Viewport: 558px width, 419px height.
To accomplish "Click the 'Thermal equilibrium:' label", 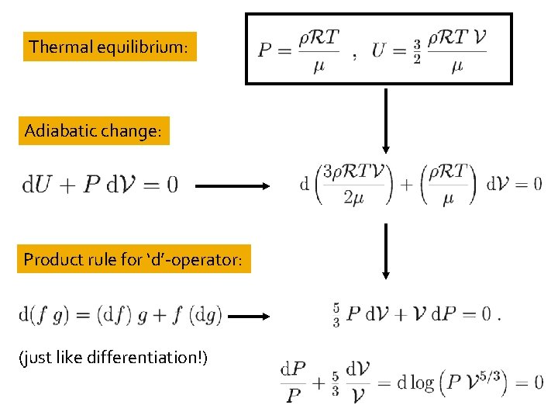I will [109, 47].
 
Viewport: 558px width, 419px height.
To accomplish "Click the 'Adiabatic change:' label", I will [92, 130].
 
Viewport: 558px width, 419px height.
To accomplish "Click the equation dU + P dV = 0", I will [100, 185].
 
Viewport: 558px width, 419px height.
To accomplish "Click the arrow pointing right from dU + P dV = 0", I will [232, 186].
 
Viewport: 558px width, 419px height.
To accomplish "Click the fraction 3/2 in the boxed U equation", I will [416, 52].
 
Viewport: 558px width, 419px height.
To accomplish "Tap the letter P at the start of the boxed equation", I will [265, 51].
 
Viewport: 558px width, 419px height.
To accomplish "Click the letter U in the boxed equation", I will [379, 51].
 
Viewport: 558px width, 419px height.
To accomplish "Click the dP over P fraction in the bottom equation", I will [292, 382].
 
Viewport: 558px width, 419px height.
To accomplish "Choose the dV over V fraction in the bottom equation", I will [357, 382].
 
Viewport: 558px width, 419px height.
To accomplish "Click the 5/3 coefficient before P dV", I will [336, 316].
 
